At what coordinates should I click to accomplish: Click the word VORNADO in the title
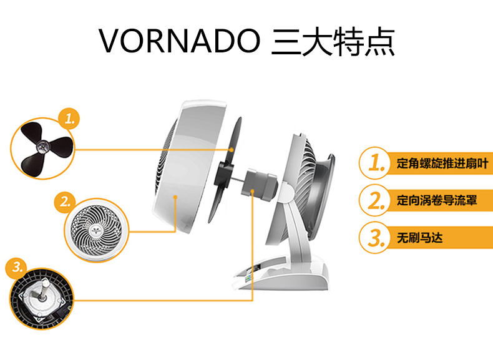point(180,41)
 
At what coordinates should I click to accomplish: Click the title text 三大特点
point(333,42)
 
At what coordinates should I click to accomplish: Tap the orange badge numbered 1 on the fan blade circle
point(69,119)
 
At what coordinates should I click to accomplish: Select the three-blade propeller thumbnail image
point(43,148)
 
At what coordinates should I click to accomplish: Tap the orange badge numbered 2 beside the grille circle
point(64,202)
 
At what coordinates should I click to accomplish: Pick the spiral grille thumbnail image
point(97,230)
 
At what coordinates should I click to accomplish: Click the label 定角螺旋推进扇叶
point(442,163)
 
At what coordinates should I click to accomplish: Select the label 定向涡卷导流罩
point(437,200)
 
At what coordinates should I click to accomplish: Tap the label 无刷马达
point(419,237)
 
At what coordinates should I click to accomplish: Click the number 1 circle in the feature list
point(375,163)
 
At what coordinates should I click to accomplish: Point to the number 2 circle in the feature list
point(375,200)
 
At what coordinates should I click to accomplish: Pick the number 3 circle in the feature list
point(375,237)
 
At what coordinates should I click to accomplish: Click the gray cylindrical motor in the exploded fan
point(260,185)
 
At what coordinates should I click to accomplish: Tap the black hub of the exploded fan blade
point(223,173)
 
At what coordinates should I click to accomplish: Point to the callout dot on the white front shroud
point(175,197)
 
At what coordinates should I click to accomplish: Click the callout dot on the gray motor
point(253,190)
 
